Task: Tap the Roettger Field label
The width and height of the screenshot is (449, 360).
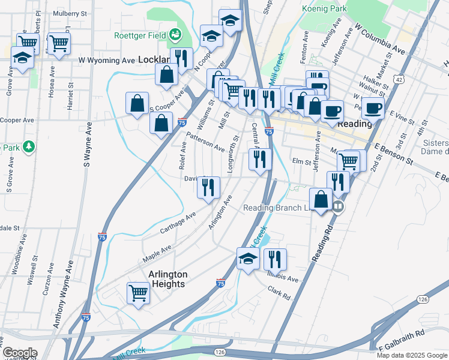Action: click(140, 35)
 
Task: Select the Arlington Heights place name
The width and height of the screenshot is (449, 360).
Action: click(168, 279)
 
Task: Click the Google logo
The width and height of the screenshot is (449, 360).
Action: click(20, 353)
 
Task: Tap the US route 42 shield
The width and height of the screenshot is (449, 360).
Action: click(399, 79)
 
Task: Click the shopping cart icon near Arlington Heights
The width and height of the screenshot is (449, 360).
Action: click(138, 293)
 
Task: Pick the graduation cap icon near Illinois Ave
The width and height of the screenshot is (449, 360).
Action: click(248, 259)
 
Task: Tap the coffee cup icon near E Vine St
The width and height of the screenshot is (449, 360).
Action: click(373, 108)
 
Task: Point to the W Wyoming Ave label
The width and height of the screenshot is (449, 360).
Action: click(107, 61)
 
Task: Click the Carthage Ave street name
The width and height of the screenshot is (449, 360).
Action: click(178, 223)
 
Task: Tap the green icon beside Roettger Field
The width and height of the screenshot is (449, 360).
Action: click(175, 35)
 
